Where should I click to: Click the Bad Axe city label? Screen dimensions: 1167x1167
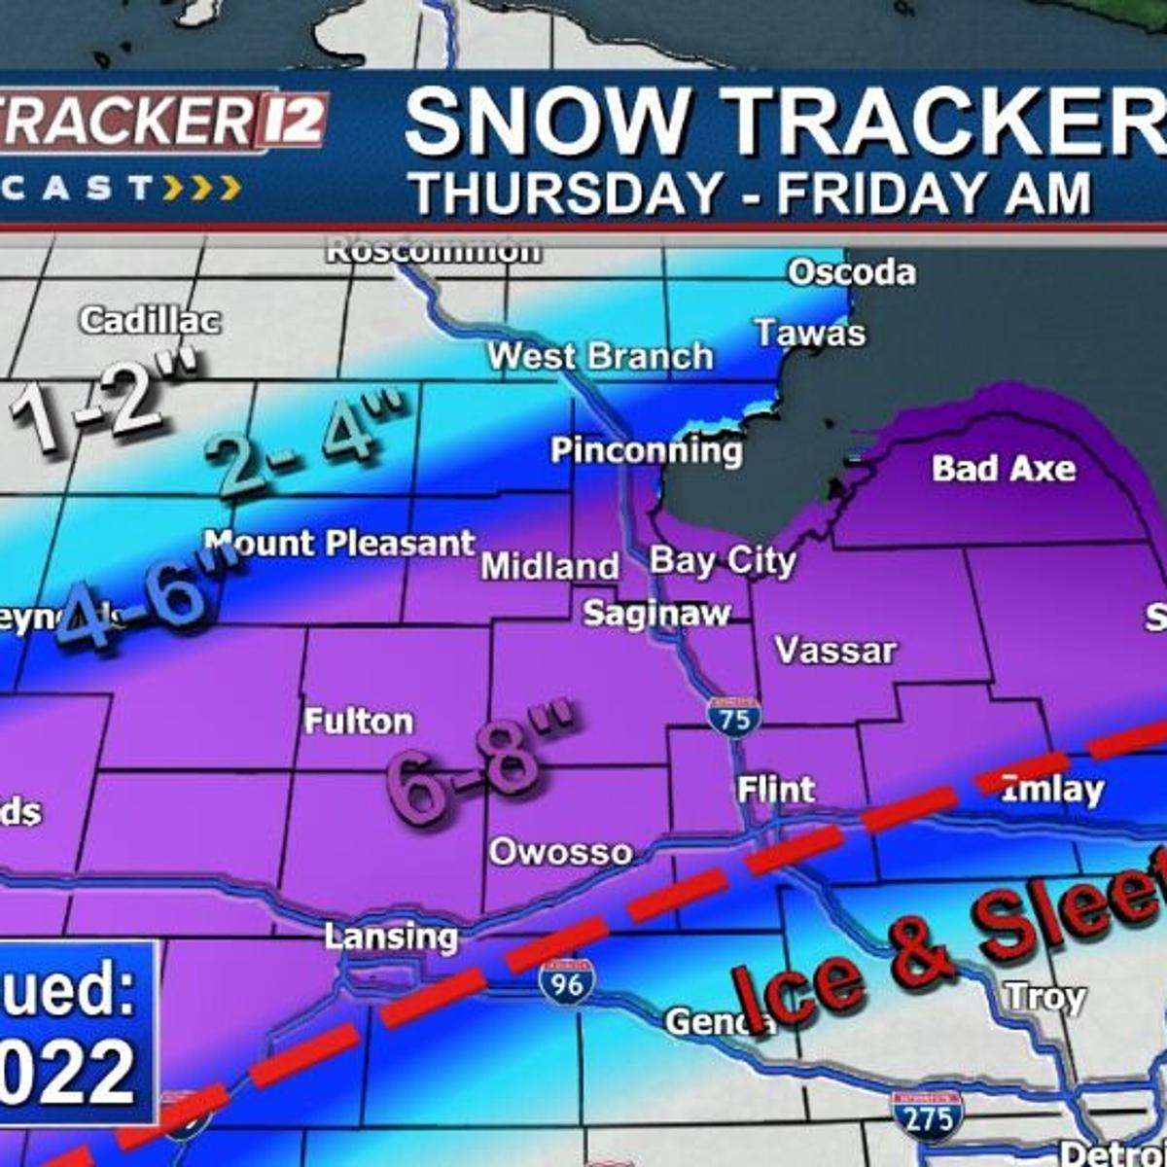(x=1004, y=469)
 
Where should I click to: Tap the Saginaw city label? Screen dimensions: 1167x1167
(x=656, y=614)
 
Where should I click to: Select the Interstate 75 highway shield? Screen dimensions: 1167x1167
(x=734, y=717)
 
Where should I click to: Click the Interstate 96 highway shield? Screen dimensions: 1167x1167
(x=566, y=982)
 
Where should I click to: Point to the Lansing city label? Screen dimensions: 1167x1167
(x=391, y=937)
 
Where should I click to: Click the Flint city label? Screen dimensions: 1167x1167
(x=776, y=790)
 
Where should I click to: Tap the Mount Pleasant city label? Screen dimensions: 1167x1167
(x=340, y=543)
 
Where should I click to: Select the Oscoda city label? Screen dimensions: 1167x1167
(x=852, y=272)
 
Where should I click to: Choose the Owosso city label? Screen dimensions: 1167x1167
(x=560, y=852)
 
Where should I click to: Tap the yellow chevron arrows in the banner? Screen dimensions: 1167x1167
(x=201, y=187)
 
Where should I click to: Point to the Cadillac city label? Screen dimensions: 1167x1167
(x=151, y=320)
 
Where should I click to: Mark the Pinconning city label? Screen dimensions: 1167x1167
(x=647, y=450)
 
